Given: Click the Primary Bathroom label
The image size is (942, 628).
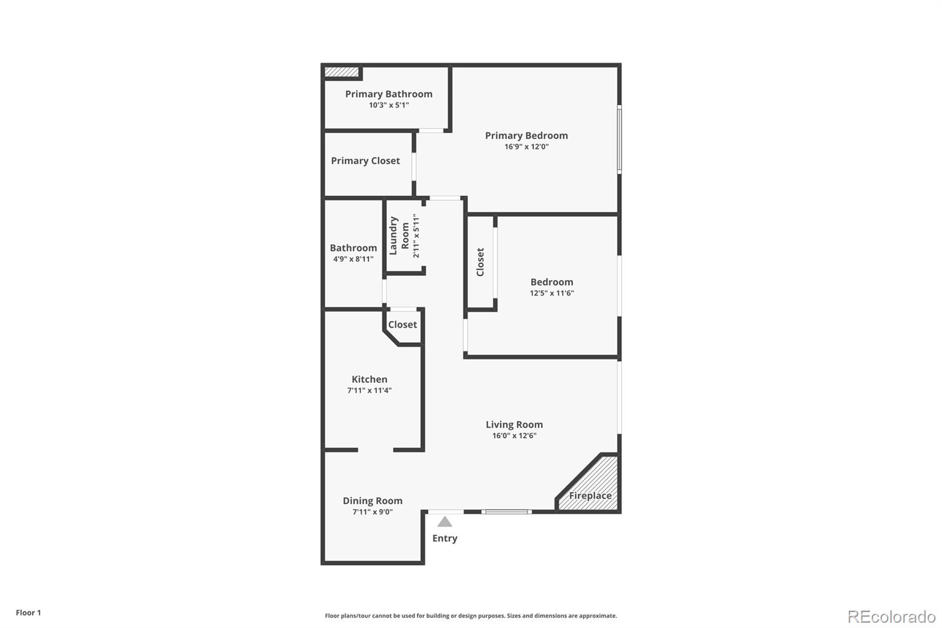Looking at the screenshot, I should tap(389, 94).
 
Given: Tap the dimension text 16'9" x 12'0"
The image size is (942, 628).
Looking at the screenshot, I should tap(526, 147).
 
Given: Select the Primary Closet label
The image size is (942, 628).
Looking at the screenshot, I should tap(365, 161).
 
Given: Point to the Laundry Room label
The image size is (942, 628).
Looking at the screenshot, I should tap(399, 236).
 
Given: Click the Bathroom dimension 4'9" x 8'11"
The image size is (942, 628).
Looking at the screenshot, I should tap(353, 259).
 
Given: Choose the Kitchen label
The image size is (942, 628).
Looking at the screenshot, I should tap(369, 379).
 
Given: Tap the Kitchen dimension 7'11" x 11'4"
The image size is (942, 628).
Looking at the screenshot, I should tap(369, 391).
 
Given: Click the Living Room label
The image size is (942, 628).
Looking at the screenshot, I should tap(514, 425).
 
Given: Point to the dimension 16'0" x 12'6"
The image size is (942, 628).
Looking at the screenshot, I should tap(514, 436).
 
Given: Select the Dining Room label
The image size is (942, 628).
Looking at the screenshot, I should tap(373, 501).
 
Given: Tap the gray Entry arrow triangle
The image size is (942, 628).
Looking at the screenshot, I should tap(445, 522).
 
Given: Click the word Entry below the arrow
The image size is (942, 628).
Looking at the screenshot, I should tap(445, 538).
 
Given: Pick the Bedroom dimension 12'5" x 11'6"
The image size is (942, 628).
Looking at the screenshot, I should tap(552, 293).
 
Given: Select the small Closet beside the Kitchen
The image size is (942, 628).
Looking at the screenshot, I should tap(403, 325).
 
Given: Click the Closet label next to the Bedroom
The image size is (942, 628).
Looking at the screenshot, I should tap(480, 262).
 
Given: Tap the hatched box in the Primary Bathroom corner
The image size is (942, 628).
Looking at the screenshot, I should tap(341, 72).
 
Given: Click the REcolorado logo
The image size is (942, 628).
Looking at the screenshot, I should tap(891, 616).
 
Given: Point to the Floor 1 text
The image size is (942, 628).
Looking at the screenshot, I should tap(28, 613).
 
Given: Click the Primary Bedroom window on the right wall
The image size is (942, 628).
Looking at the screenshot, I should tap(619, 139).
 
